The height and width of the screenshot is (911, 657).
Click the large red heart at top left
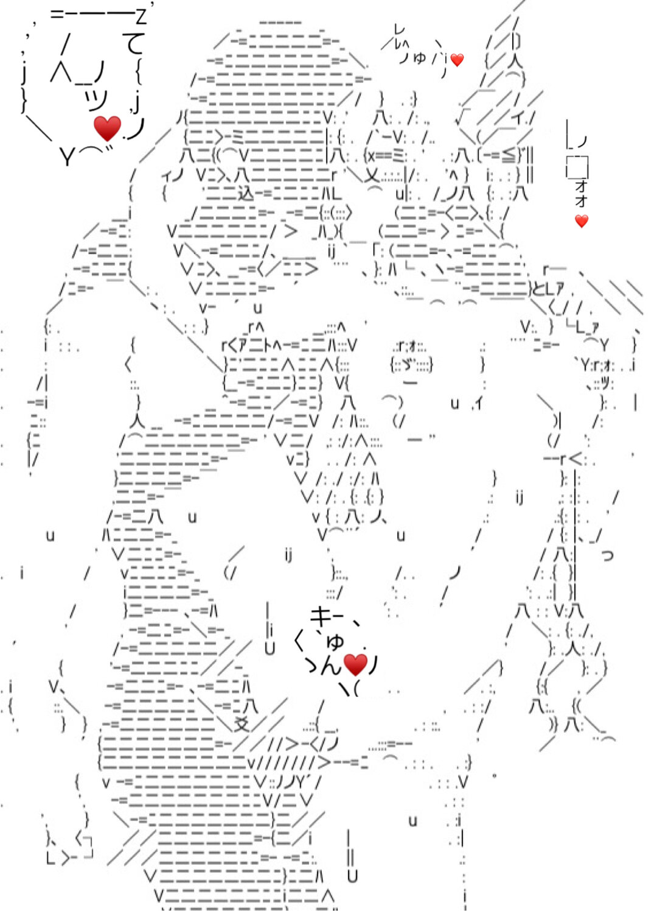coord(108,128)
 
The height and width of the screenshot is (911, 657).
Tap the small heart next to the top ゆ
coord(457,60)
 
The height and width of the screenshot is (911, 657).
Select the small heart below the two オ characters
coord(582,221)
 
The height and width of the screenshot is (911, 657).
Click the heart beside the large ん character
coord(356,664)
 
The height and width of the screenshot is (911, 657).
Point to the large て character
coord(134,44)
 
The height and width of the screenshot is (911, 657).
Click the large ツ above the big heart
coord(96,99)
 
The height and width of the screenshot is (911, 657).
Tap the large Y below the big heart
coord(66,158)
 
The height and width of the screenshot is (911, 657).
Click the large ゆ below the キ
coord(335,641)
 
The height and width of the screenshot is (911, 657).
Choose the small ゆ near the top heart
coord(420,58)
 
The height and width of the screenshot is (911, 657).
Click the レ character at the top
coord(399,29)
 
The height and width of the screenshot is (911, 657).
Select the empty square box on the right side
coord(577,167)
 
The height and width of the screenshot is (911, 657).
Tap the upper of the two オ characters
coord(581,186)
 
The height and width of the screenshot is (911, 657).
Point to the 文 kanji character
coord(242,724)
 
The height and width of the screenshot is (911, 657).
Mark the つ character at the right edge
coord(607,555)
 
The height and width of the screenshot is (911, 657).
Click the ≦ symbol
coord(507,156)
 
